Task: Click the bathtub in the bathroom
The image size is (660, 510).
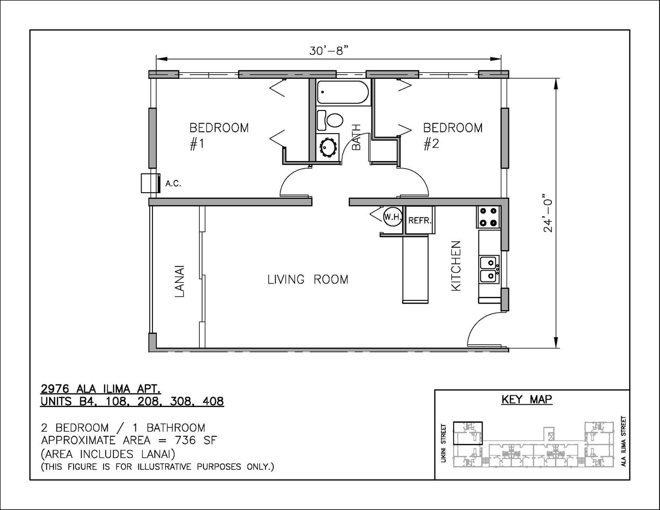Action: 343,92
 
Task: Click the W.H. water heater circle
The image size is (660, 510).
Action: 393,217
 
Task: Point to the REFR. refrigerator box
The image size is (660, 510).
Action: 420,220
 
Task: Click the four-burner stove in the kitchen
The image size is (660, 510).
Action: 488,217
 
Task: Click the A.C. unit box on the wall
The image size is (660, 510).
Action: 151,183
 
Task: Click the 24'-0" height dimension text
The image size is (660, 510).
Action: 548,212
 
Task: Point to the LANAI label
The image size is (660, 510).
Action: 180,281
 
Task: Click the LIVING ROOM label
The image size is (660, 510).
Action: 308,280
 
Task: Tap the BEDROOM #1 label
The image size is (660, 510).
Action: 219,136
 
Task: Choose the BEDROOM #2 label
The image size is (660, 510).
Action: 453,136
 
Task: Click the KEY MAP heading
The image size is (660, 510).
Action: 527,399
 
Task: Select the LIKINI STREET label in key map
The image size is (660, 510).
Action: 444,447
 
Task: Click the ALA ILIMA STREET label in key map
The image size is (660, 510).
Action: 624,445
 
